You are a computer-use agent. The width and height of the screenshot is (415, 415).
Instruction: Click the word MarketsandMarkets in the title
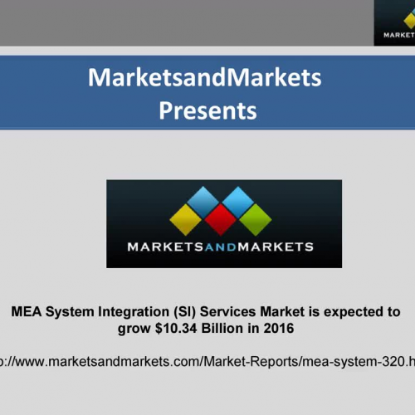click(x=204, y=79)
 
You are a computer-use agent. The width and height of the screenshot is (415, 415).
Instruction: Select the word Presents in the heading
click(x=207, y=110)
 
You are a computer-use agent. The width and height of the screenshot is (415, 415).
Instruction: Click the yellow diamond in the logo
click(x=186, y=219)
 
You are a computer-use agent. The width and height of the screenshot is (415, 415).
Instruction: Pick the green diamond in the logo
click(x=256, y=219)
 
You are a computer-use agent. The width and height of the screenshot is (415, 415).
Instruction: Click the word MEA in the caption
click(x=26, y=313)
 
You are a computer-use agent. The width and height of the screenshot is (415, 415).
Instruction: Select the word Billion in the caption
click(x=219, y=329)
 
